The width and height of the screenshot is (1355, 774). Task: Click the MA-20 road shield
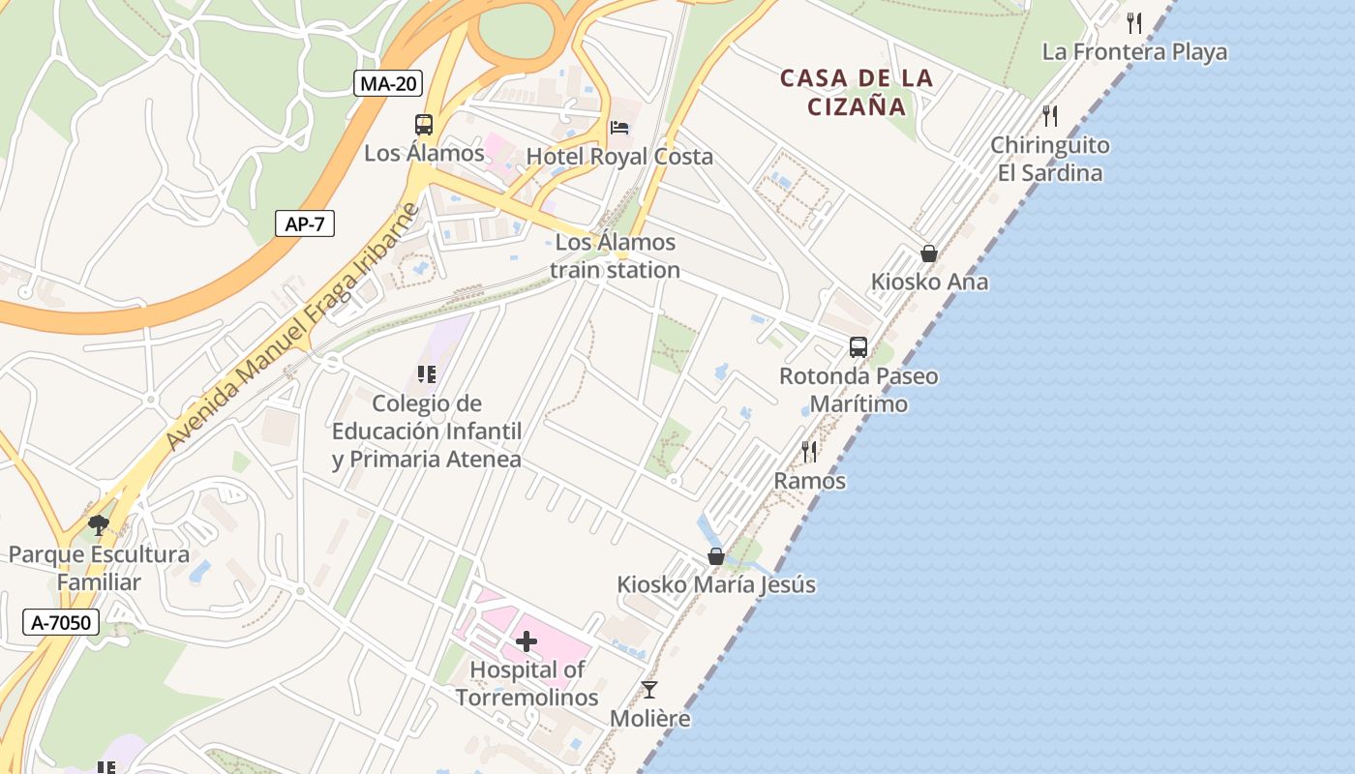pyautogui.click(x=388, y=83)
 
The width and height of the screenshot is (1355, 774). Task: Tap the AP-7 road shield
pyautogui.click(x=305, y=224)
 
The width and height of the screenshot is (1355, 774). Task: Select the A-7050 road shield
pyautogui.click(x=62, y=622)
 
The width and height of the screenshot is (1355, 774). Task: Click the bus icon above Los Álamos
pyautogui.click(x=424, y=125)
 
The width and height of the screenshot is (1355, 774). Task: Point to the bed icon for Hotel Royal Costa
pyautogui.click(x=619, y=128)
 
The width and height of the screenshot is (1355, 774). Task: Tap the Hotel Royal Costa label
pyautogui.click(x=619, y=157)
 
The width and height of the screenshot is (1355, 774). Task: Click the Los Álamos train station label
pyautogui.click(x=616, y=256)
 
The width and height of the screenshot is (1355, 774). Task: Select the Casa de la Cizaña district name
pyautogui.click(x=858, y=92)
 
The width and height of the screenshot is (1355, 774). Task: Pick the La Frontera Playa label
pyautogui.click(x=1134, y=52)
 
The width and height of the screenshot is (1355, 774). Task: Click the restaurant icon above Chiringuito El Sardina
pyautogui.click(x=1050, y=116)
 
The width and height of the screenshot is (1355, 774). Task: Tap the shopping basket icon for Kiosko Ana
pyautogui.click(x=929, y=253)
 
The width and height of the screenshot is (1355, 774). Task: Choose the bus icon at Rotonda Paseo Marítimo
pyautogui.click(x=858, y=347)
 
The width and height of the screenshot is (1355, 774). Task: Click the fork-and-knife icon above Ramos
pyautogui.click(x=809, y=452)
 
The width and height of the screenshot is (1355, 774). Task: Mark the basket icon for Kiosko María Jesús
pyautogui.click(x=716, y=556)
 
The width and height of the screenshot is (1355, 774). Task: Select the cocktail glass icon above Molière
pyautogui.click(x=649, y=690)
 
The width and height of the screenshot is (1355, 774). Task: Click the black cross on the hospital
pyautogui.click(x=527, y=640)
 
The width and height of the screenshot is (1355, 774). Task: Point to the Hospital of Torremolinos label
pyautogui.click(x=527, y=683)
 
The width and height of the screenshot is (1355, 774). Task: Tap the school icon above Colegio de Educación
pyautogui.click(x=427, y=374)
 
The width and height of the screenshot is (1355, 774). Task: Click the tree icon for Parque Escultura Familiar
pyautogui.click(x=98, y=525)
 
